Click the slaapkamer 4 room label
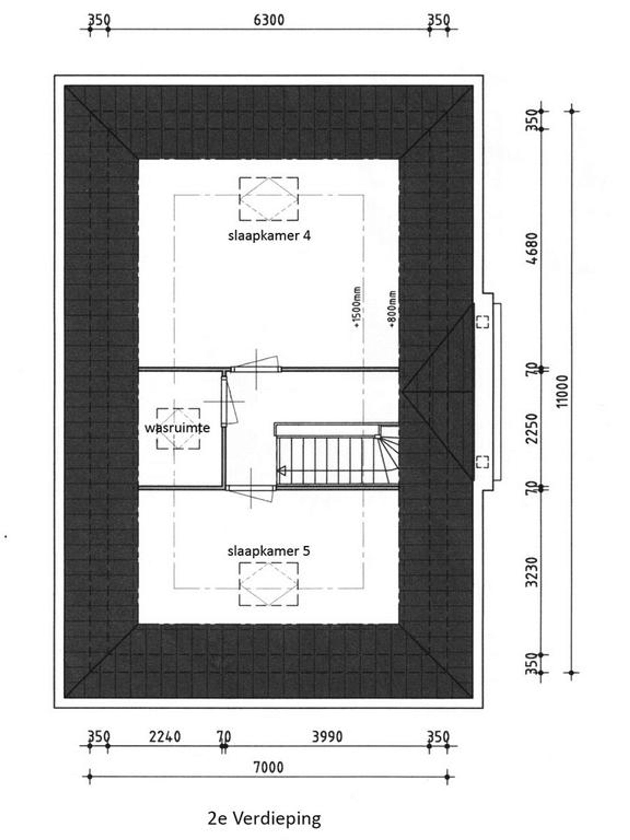tap(269, 236)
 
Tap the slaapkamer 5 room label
tap(269, 551)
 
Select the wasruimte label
tap(177, 428)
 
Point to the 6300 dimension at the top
tap(269, 20)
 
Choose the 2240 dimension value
tap(164, 737)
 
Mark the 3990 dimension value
tap(327, 737)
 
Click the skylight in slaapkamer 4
tap(269, 199)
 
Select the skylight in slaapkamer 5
tap(269, 584)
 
